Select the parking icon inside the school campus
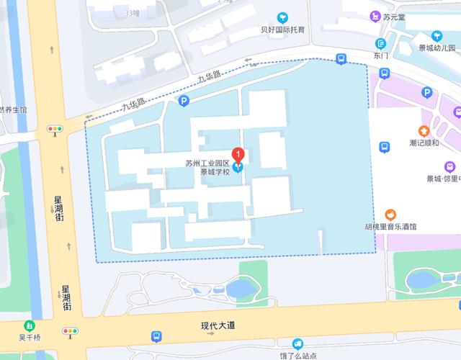pyautogui.click(x=184, y=102)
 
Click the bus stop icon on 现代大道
pyautogui.click(x=156, y=336)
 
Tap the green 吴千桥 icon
pyautogui.click(x=30, y=325)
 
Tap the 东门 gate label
pyautogui.click(x=381, y=55)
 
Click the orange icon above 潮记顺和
pyautogui.click(x=424, y=131)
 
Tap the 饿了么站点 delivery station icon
pyautogui.click(x=297, y=343)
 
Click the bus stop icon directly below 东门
pyautogui.click(x=385, y=73)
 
